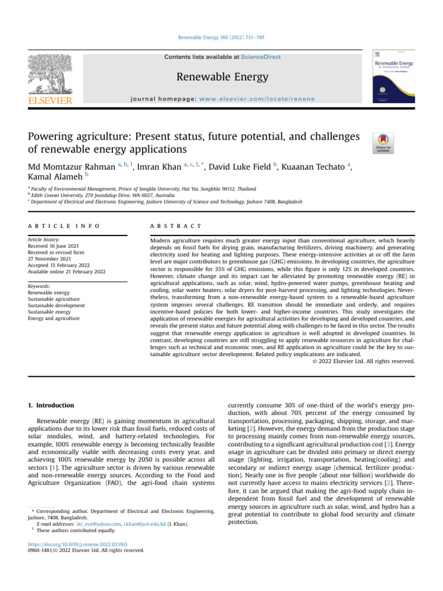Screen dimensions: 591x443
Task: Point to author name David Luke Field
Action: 240,167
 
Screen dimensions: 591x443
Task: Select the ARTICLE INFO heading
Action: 63,226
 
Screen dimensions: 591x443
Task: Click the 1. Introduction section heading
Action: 51,406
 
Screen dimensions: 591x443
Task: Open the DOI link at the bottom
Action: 78,543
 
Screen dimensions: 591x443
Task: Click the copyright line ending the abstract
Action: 363,361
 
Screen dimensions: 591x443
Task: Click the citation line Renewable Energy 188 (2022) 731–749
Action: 221,38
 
